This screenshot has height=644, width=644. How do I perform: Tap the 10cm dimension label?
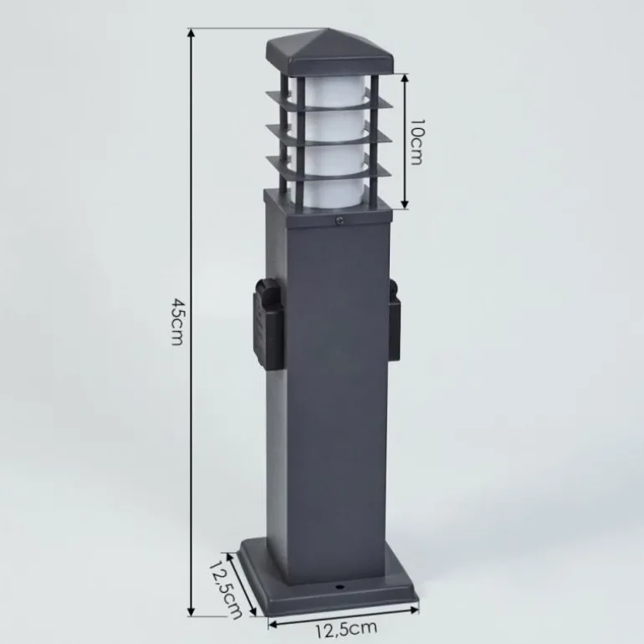click(417, 142)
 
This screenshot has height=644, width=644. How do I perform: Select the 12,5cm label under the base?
click(345, 629)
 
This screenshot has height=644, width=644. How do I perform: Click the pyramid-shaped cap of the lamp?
click(330, 51)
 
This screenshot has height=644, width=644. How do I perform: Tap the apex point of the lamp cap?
click(329, 28)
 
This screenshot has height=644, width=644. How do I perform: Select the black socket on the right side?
click(394, 319)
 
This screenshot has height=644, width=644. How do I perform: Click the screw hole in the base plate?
click(340, 588)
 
